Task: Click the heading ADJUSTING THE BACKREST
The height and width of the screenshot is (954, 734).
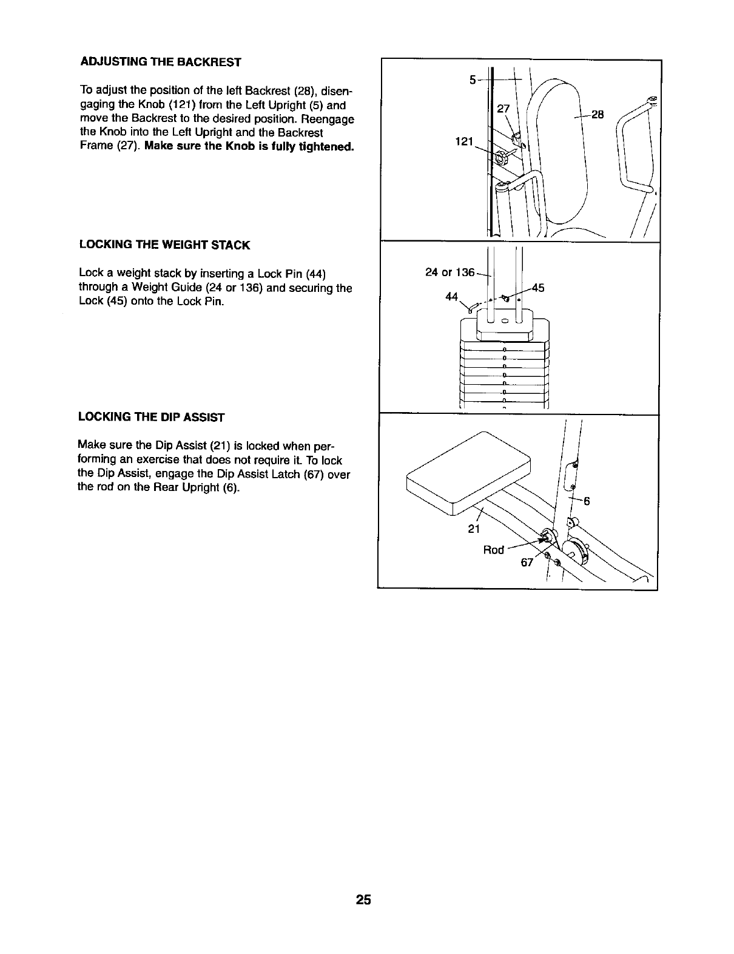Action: click(x=160, y=63)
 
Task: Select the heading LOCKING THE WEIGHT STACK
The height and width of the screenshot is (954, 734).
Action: click(x=164, y=245)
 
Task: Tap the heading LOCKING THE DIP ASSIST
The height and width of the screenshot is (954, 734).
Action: click(x=151, y=418)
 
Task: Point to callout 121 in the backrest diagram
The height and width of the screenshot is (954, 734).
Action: click(x=465, y=141)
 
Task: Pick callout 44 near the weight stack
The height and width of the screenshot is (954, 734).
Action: click(x=451, y=297)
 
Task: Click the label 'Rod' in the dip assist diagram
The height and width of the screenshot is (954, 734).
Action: click(x=493, y=550)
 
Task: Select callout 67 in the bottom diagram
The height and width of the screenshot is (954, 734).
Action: click(x=527, y=563)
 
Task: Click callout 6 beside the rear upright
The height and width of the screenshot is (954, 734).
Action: click(x=587, y=501)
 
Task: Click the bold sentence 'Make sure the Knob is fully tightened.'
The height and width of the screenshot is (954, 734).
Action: click(x=249, y=147)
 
